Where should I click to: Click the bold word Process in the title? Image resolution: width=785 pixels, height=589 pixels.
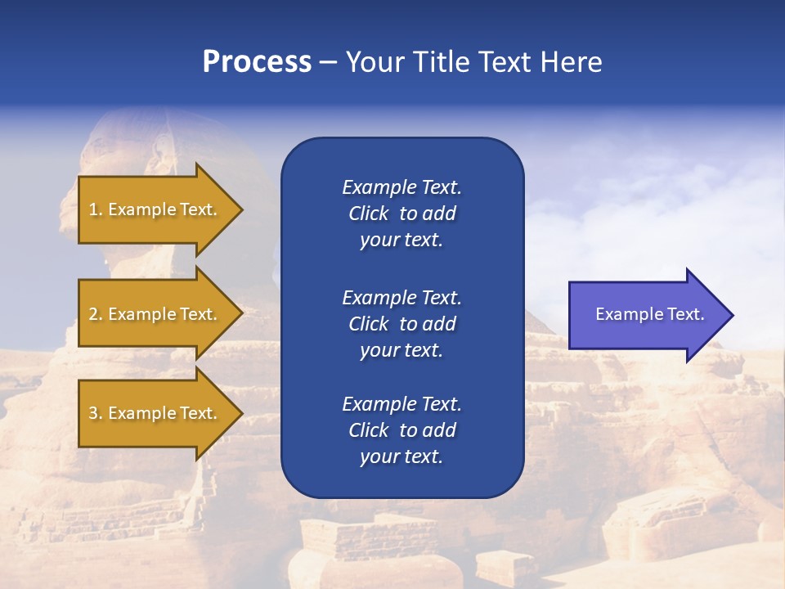(257, 62)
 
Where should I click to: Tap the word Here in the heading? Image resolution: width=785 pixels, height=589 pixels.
(572, 62)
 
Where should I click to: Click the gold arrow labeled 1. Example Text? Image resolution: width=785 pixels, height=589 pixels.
(155, 209)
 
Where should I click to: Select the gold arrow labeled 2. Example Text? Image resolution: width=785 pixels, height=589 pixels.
(155, 314)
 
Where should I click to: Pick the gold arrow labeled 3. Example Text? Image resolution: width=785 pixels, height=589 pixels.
(155, 413)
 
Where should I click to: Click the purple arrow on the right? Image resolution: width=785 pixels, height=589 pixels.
(646, 315)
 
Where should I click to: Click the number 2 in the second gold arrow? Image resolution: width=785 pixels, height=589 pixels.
(93, 314)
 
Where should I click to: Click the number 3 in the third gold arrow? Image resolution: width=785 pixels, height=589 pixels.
(93, 413)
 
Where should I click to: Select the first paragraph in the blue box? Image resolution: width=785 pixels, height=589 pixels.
(401, 214)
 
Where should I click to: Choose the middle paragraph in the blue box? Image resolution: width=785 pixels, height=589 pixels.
(401, 324)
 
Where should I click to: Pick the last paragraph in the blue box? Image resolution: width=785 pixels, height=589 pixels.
(401, 430)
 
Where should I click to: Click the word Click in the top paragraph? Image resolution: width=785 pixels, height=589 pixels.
(368, 214)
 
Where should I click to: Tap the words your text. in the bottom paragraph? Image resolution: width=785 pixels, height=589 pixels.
(401, 456)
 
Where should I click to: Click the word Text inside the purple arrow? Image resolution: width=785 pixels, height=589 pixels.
(687, 314)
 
